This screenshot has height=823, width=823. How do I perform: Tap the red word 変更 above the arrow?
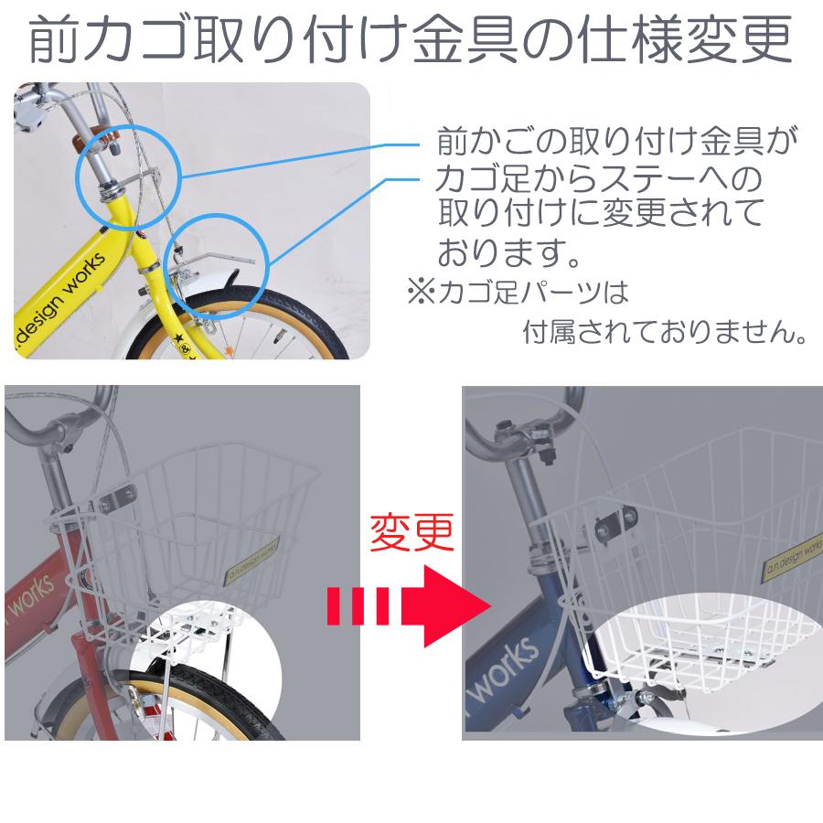click(411, 533)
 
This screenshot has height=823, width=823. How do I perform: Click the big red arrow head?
click(454, 605)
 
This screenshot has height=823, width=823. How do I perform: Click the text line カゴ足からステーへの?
click(598, 176)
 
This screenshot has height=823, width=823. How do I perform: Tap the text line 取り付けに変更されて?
click(600, 212)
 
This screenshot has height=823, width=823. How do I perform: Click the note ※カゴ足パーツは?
click(518, 293)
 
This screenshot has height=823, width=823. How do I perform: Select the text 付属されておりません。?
click(664, 331)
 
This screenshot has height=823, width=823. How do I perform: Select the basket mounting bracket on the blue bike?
click(611, 522)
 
